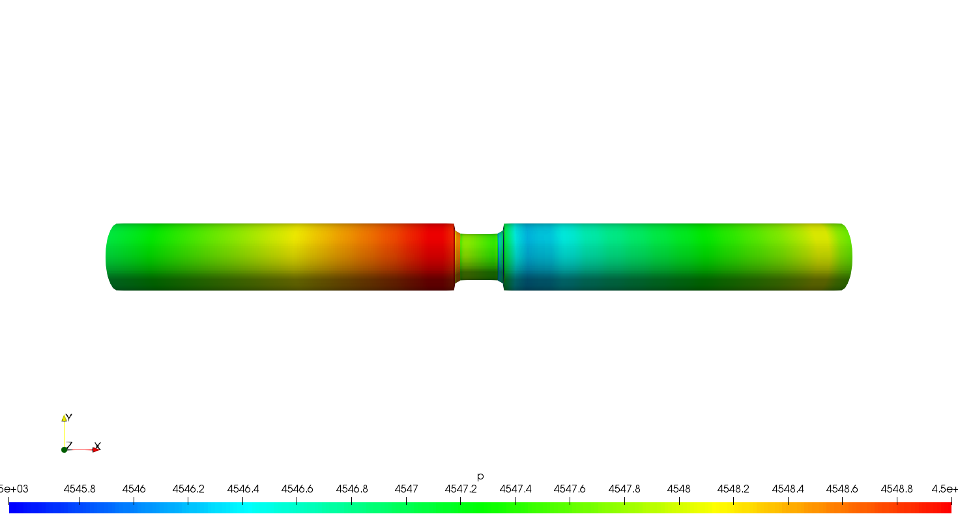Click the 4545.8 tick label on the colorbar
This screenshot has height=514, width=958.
click(x=79, y=489)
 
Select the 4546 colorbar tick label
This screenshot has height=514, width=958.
click(x=134, y=489)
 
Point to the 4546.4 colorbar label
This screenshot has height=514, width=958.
click(x=242, y=489)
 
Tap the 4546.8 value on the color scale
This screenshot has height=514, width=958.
click(x=351, y=489)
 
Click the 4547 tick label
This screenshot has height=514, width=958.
click(x=406, y=489)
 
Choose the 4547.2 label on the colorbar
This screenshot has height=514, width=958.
click(x=460, y=489)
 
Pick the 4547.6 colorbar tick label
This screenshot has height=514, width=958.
click(x=570, y=489)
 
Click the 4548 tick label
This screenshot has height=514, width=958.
click(x=678, y=489)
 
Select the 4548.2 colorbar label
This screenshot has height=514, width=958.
click(x=733, y=489)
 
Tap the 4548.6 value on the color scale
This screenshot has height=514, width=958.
click(x=842, y=489)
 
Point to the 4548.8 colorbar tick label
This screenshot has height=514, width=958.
click(x=897, y=489)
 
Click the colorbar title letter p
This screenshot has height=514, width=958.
click(x=480, y=477)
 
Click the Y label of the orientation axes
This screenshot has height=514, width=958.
click(x=68, y=418)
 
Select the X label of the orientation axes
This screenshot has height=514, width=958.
click(x=98, y=446)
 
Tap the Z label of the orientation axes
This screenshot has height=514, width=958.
click(x=69, y=445)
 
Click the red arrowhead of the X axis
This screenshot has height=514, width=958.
click(x=95, y=450)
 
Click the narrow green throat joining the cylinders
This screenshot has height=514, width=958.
click(x=479, y=257)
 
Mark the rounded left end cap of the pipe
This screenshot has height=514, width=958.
click(x=111, y=257)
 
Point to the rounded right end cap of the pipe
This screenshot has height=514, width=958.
click(x=847, y=257)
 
